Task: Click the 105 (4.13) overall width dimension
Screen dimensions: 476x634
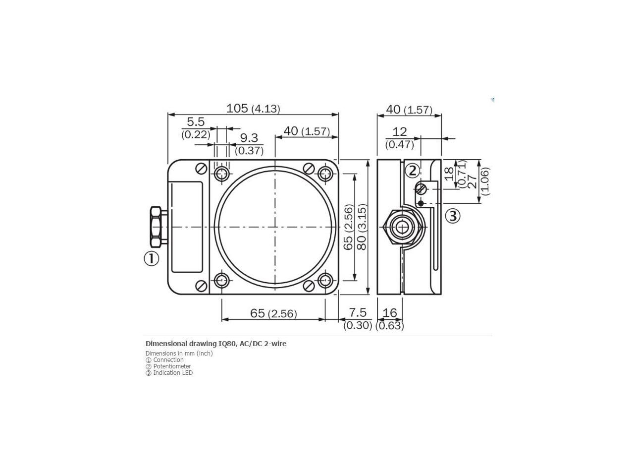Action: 253,108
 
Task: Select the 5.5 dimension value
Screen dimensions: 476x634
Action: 196,122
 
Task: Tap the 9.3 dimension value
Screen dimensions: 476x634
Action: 249,138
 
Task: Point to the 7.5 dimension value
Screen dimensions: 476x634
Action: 358,313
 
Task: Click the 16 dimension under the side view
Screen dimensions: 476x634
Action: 390,313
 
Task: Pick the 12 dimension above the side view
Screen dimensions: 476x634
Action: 399,132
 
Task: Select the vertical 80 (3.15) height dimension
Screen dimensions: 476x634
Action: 362,227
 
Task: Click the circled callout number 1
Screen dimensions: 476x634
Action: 152,258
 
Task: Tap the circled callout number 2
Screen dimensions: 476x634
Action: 412,171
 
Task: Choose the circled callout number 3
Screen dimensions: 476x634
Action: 453,216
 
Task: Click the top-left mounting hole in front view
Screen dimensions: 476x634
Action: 222,174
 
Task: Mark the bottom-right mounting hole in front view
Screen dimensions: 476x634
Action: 325,281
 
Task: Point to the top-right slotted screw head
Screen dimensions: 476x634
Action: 309,169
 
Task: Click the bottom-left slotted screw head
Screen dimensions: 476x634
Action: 202,286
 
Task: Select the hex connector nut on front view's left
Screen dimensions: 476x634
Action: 155,227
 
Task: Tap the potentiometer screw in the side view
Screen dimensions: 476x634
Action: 421,188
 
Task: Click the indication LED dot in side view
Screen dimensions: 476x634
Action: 421,203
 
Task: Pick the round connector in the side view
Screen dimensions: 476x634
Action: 402,227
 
